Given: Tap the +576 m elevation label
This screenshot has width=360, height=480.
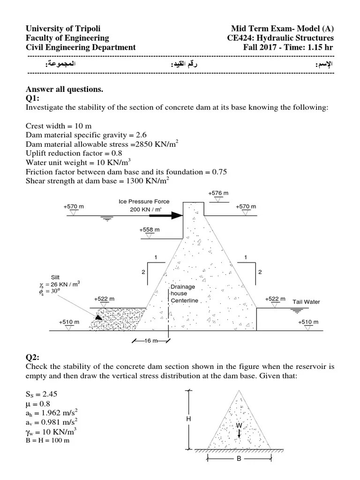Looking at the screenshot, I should pos(218,193).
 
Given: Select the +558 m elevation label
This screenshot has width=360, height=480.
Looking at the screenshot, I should pos(150,230).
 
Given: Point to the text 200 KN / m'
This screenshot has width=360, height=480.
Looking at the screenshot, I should pos(145,210).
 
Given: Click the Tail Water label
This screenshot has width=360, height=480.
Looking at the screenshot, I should pos(306,302).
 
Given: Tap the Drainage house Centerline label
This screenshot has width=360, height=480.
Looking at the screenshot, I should pos(184,293).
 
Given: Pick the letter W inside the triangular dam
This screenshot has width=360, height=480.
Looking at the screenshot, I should pos(239,425).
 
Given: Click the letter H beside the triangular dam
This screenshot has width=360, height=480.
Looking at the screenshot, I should pos(188,419).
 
